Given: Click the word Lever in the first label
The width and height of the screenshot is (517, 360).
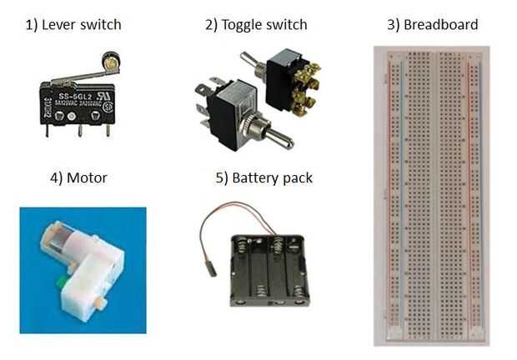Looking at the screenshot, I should click(x=62, y=24).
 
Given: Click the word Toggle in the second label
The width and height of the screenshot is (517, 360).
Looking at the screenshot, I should click(x=244, y=24).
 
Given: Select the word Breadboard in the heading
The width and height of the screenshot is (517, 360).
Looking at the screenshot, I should click(x=441, y=24).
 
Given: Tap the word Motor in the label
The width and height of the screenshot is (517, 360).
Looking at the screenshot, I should click(x=87, y=177).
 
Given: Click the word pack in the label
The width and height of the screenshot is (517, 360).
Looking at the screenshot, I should click(x=298, y=177).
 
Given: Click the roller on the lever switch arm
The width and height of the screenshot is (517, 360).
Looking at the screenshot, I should click(x=106, y=62).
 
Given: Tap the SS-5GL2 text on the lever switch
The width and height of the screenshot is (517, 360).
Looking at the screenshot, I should click(x=71, y=96).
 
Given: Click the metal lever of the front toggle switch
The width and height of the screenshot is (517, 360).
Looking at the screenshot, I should click(x=275, y=138).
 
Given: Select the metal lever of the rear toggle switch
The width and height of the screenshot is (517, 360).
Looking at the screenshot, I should click(x=249, y=59).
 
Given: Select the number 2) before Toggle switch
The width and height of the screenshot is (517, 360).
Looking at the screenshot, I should click(x=211, y=24).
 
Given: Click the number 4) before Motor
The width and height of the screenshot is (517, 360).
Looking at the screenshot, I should click(x=53, y=177).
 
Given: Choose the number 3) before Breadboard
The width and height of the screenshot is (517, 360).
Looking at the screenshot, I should click(x=393, y=24).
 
